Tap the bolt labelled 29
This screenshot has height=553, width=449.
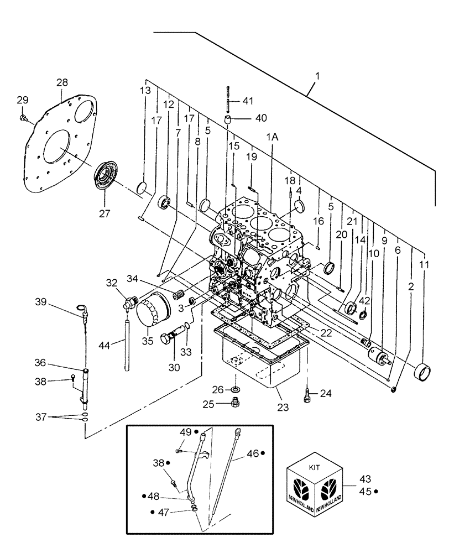(x=24, y=117)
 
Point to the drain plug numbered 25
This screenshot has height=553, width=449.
(x=236, y=403)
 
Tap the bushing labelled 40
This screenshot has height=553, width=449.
(x=228, y=120)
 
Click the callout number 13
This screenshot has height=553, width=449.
(x=145, y=91)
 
